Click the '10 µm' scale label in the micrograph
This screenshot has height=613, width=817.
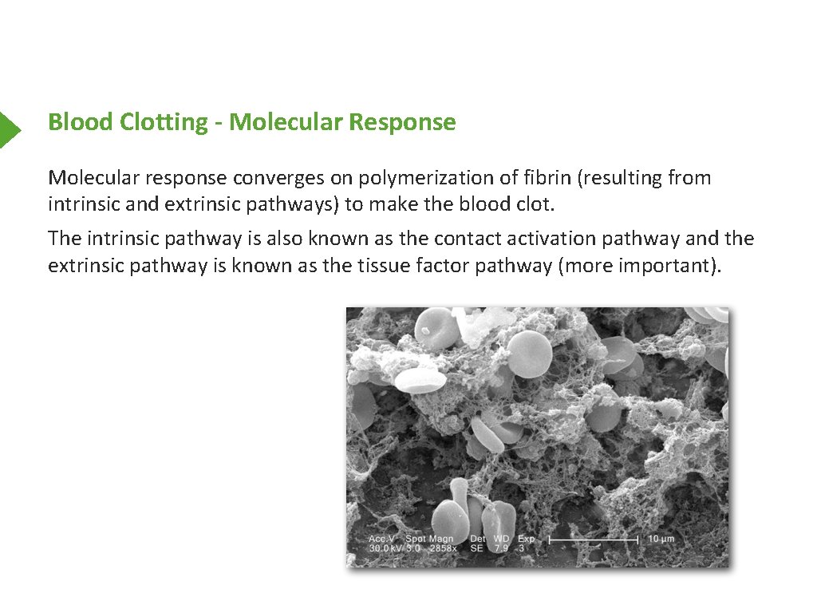click(661, 540)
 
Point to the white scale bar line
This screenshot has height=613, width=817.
click(594, 540)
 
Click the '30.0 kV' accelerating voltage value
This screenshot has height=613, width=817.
click(384, 549)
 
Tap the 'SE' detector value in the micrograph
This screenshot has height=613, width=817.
click(477, 549)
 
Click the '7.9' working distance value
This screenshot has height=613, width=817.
click(501, 549)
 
